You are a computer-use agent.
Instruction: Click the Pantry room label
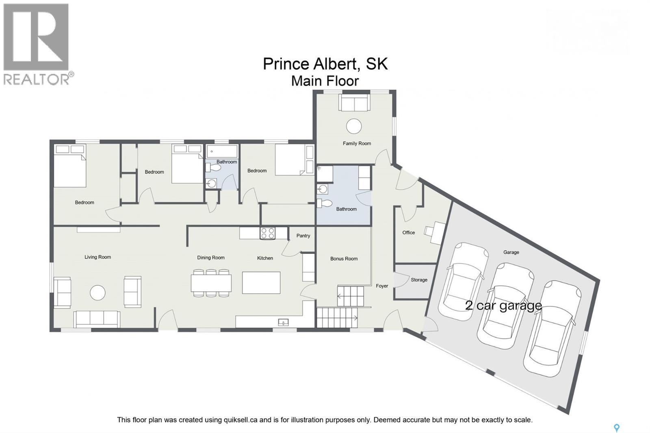303,236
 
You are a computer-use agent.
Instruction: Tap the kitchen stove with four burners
268,233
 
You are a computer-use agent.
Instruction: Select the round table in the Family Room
354,126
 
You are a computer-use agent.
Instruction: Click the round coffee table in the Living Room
97,292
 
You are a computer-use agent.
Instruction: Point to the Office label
409,232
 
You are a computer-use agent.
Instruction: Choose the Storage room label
419,280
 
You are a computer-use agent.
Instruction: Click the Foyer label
382,286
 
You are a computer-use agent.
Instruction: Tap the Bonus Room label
344,259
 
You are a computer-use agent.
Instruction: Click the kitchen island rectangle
261,283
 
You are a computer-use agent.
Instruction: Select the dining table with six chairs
211,283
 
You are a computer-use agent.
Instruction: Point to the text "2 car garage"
503,305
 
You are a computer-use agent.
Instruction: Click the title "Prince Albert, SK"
325,63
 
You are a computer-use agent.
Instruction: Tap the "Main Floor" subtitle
325,81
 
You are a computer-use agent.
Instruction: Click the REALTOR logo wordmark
36,79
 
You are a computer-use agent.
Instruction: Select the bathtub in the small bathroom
222,152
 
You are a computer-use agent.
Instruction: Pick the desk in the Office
438,232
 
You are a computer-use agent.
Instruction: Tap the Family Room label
357,143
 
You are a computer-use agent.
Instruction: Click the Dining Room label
211,258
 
